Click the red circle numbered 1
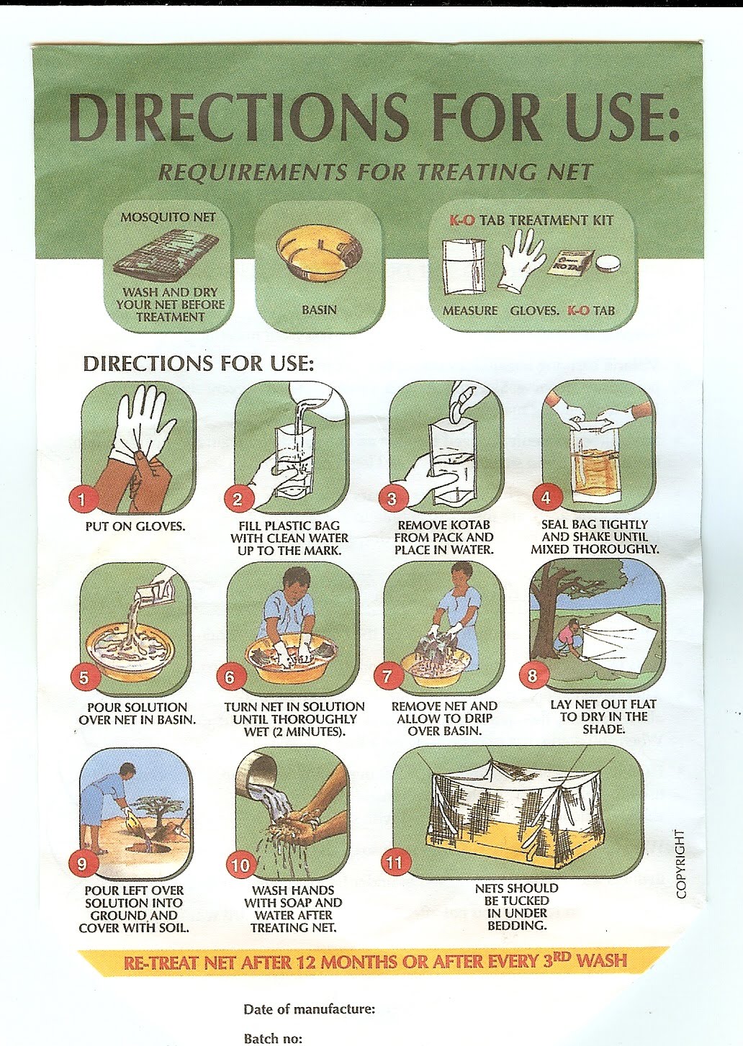point(81,500)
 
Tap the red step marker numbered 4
point(545,498)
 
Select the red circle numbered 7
point(387,677)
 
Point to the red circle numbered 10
point(241,865)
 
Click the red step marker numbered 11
point(395,862)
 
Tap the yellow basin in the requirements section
point(320,253)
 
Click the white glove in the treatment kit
point(521,265)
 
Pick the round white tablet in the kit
point(608,264)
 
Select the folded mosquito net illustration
point(166,255)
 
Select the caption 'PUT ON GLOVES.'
point(135,526)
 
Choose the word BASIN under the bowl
point(320,310)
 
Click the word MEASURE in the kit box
point(470,310)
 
